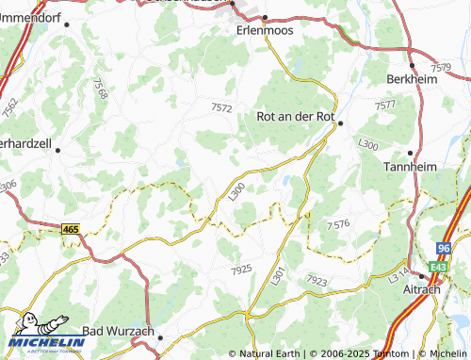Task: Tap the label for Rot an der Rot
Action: click(296, 117)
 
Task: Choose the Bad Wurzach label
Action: click(118, 331)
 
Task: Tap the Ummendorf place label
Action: click(35, 16)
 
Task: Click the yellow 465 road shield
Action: click(71, 229)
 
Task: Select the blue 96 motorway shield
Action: click(444, 248)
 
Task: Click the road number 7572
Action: click(221, 108)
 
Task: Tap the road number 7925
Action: click(241, 270)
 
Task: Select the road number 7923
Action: click(317, 281)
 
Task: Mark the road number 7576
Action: click(338, 225)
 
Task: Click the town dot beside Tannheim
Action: click(410, 152)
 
